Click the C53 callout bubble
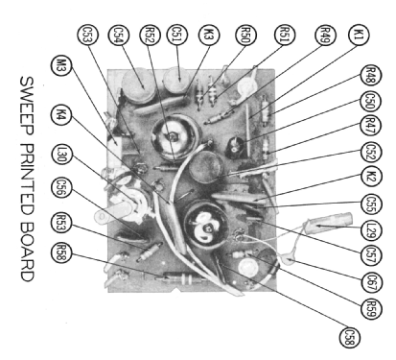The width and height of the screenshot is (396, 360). tap(88, 35)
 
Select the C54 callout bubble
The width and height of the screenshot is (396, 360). tap(119, 35)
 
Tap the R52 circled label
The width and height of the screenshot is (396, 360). tap(150, 35)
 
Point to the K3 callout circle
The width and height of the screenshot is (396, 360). tap(209, 35)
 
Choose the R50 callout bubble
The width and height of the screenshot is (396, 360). tap(246, 35)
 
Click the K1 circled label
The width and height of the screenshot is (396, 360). tap(359, 35)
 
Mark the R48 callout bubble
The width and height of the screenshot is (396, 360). tap(371, 76)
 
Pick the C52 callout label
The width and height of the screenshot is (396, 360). tap(371, 152)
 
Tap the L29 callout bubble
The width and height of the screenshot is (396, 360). tap(371, 230)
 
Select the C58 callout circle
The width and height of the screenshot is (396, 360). tap(349, 337)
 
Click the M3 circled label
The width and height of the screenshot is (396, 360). tap(61, 65)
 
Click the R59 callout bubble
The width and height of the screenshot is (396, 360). tap(371, 309)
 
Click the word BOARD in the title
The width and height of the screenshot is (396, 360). tap(28, 252)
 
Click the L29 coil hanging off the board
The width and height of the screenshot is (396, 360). tap(329, 222)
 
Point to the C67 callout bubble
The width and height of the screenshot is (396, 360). tap(371, 282)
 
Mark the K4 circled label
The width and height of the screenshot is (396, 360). tap(61, 114)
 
